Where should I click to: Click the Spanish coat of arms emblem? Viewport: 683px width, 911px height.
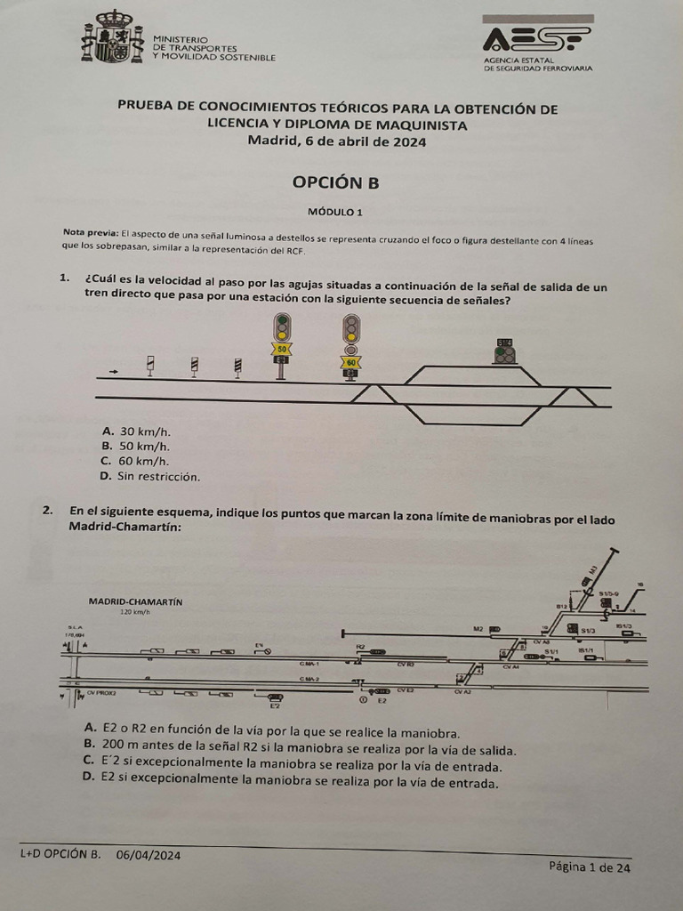pos(112,37)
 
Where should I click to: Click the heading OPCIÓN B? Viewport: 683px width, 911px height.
pos(335,182)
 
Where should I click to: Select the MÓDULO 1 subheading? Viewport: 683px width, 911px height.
pos(335,212)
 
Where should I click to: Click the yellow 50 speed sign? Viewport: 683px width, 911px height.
pos(282,349)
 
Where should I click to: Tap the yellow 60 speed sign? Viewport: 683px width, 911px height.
pos(351,362)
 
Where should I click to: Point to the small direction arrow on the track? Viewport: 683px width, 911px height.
pos(113,370)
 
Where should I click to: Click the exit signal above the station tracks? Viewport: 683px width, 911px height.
pos(505,352)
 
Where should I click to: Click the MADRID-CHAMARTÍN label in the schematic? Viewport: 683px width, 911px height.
pos(135,601)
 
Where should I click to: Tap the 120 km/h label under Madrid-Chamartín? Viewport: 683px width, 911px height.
pos(135,613)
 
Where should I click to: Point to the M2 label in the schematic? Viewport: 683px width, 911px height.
pos(478,629)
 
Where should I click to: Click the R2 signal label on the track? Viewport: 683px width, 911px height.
pos(360,647)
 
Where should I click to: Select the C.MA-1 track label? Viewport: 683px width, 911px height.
pos(309,664)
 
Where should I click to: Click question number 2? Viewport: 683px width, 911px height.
pos(47,511)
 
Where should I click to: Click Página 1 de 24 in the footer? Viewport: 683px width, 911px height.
pos(589,867)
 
